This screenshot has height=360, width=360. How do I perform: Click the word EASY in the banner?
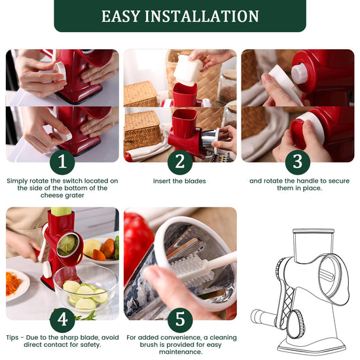(x=121, y=16)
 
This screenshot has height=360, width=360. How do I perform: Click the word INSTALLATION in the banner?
(x=202, y=16)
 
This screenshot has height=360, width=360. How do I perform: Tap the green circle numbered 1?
(x=62, y=162)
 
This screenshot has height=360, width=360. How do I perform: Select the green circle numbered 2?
(x=180, y=162)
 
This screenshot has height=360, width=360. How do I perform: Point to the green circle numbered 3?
(x=298, y=162)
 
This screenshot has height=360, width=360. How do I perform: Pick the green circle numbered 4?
(x=62, y=320)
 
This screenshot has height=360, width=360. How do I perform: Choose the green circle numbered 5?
(x=180, y=320)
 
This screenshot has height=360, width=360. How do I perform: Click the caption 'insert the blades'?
(x=179, y=181)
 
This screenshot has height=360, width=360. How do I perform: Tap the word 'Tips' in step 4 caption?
(x=12, y=338)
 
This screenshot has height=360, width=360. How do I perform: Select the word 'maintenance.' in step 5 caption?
(x=180, y=352)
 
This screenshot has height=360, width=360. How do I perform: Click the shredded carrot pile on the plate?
(x=13, y=283)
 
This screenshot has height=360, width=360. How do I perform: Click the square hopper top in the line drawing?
(x=313, y=245)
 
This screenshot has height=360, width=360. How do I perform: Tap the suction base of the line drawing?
(x=312, y=347)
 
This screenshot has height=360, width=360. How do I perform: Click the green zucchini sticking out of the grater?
(x=61, y=211)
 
